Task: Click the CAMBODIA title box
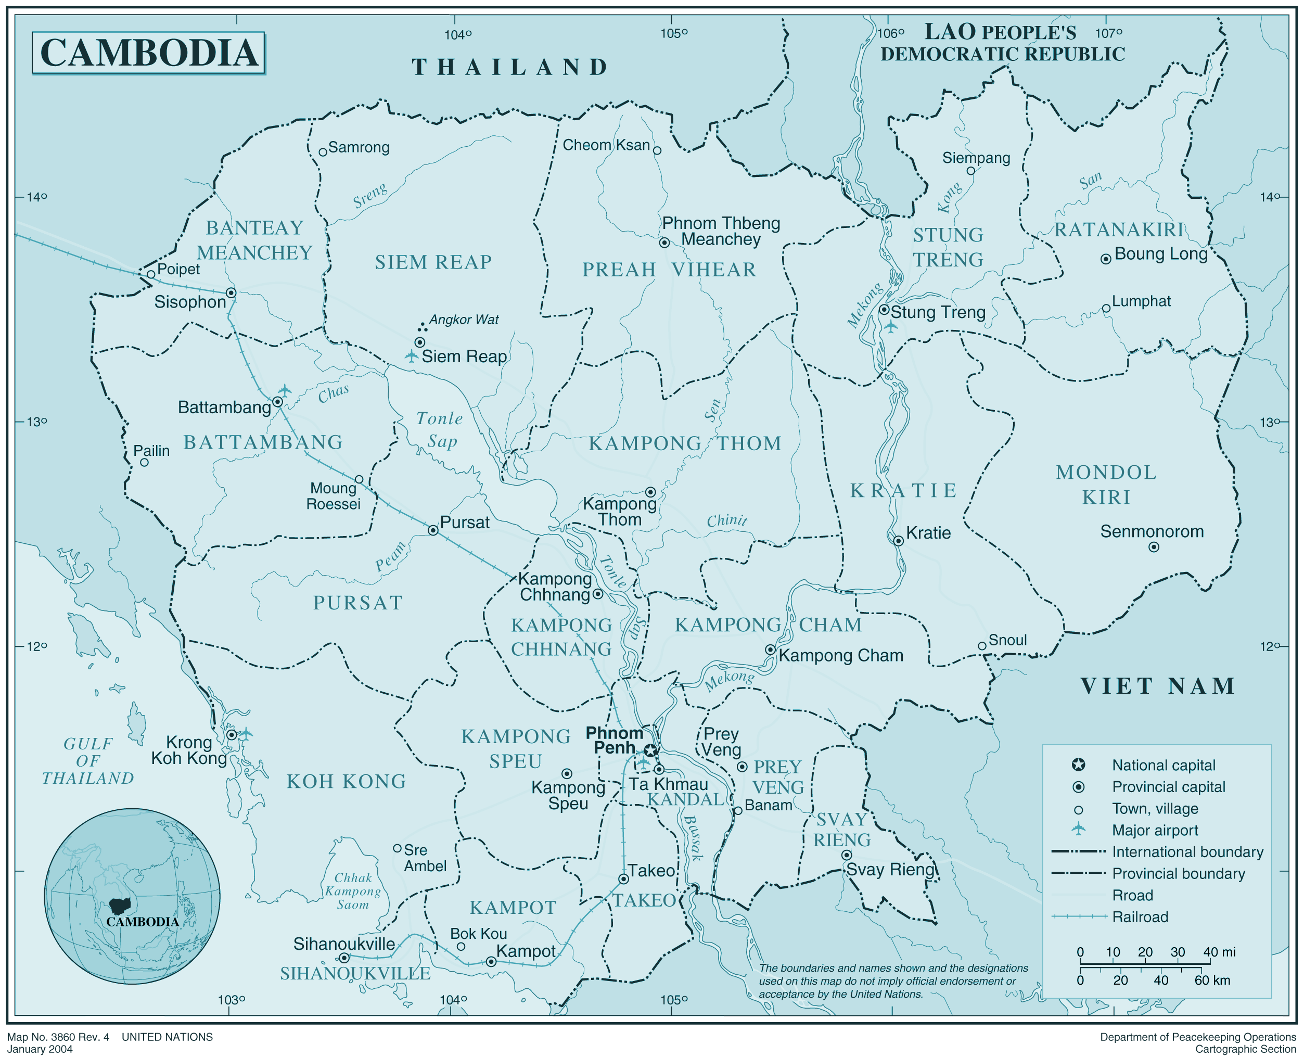tap(148, 53)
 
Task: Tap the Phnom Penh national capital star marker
tap(651, 750)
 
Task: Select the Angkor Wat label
tap(463, 320)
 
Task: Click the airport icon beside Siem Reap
tap(412, 356)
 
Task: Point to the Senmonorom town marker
tap(1153, 547)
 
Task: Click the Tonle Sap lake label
tap(440, 430)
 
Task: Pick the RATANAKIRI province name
tap(1119, 230)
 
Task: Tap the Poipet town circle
tap(151, 274)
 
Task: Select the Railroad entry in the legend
tap(1140, 917)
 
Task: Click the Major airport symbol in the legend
tap(1078, 829)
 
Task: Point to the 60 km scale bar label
tap(1211, 980)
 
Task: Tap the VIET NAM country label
tap(1157, 686)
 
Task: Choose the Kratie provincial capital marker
tap(898, 541)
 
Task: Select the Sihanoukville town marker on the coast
tap(344, 958)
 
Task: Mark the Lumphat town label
tap(1141, 301)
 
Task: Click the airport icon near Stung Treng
tap(891, 327)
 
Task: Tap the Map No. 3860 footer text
tap(58, 1037)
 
